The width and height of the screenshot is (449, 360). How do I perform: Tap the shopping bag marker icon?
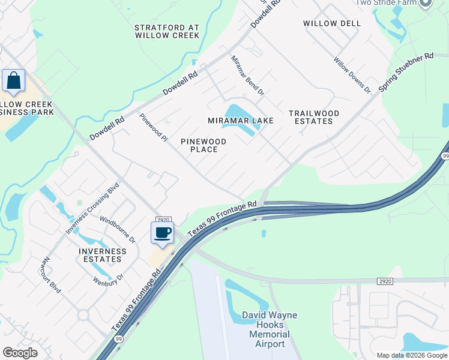coord(13,81)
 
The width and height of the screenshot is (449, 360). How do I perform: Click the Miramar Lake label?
coord(240,121)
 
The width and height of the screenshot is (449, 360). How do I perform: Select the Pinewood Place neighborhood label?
coord(203,145)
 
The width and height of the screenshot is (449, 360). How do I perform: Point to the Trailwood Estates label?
coord(313,117)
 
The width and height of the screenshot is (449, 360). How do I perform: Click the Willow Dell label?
coord(332,23)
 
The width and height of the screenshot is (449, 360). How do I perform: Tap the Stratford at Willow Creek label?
coord(167,32)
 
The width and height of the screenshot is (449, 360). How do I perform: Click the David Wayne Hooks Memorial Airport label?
coord(269,329)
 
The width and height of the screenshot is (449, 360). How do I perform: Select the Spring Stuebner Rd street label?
coord(406,76)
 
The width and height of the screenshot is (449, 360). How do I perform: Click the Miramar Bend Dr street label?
coord(248,76)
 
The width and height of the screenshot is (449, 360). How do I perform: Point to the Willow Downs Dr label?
coord(352,75)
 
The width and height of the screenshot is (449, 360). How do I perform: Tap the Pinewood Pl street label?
coord(153,128)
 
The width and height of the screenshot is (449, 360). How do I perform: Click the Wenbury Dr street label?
coord(108,278)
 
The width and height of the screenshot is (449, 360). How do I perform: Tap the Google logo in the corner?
coord(20,353)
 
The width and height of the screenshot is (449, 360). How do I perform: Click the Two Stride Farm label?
coord(386,3)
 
